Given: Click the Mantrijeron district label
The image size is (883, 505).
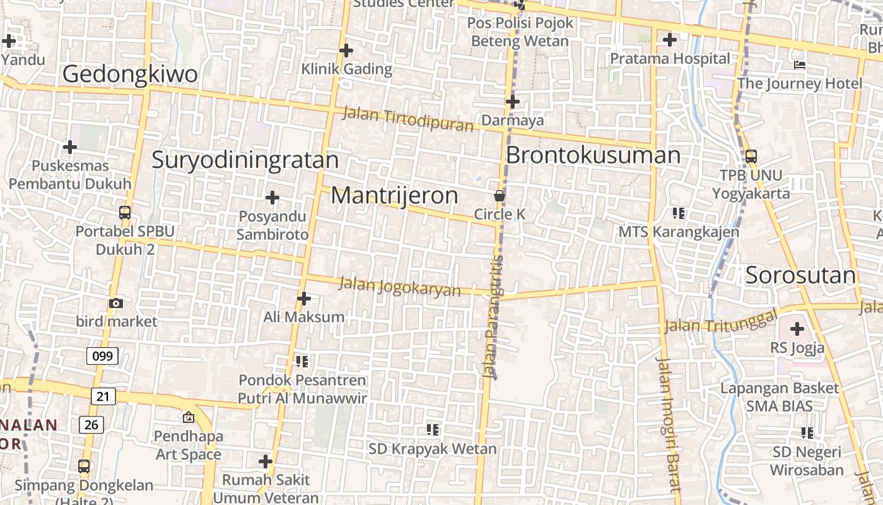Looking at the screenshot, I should [x=394, y=196].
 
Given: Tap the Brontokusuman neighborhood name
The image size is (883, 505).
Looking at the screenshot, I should [x=593, y=155].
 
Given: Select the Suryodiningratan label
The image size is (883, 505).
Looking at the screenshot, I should [x=245, y=160].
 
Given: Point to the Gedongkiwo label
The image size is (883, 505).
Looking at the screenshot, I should [x=130, y=74].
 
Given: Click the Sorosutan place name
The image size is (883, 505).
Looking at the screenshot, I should [x=800, y=275].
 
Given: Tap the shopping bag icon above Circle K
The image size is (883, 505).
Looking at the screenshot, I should [x=500, y=196].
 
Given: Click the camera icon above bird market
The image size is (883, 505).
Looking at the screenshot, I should [x=115, y=303].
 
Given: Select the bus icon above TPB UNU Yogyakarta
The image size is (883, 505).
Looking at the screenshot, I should [x=751, y=156].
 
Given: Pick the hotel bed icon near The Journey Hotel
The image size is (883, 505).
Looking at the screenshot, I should [x=799, y=65].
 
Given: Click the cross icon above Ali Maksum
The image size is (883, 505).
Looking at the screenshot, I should [x=304, y=298].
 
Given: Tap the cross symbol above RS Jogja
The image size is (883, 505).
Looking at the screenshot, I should [x=797, y=329].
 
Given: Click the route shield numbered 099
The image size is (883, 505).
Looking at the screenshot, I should [x=102, y=356].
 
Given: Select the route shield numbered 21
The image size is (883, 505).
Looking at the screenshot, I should [x=103, y=396].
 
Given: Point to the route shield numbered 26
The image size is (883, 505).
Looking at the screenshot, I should [x=91, y=425].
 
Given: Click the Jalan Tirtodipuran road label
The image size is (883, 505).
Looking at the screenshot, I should [x=407, y=119].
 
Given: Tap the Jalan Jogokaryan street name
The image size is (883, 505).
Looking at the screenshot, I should [x=400, y=287].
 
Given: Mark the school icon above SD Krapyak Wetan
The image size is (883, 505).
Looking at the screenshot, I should [x=433, y=430].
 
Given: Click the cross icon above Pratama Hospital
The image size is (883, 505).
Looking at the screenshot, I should [x=670, y=40].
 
